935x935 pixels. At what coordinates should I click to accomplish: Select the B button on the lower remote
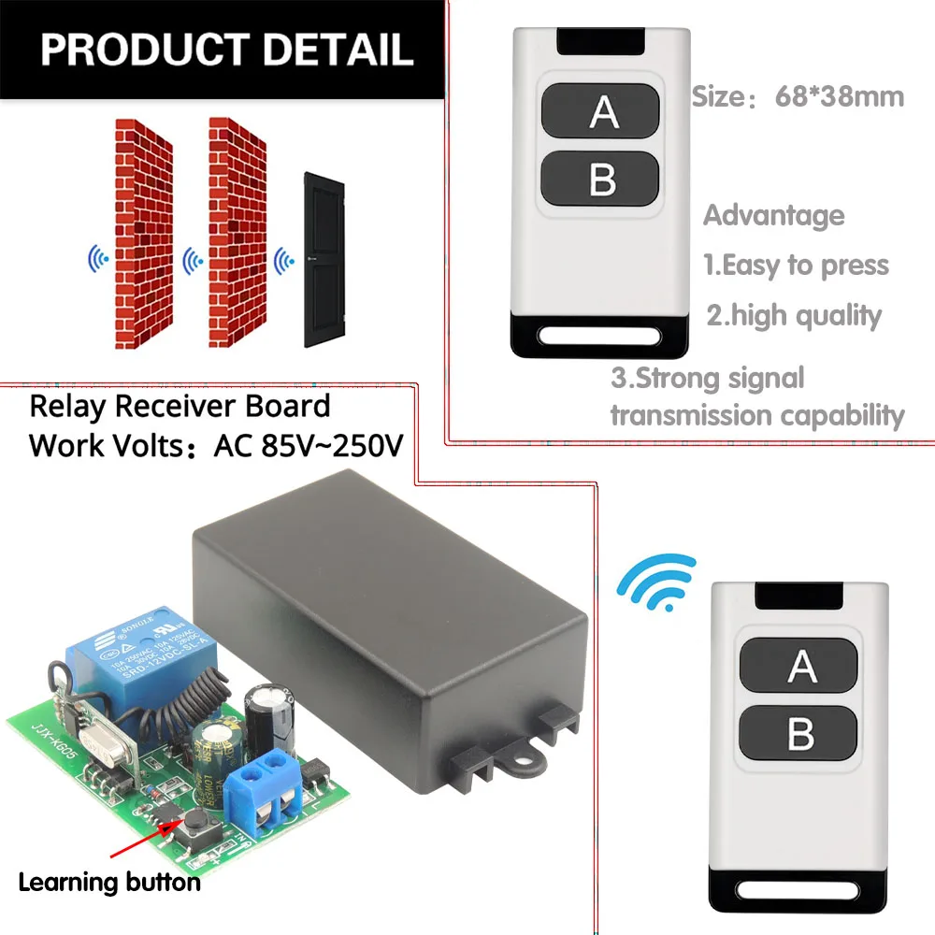[x=799, y=734]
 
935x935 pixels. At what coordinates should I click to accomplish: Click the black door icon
[x=324, y=260]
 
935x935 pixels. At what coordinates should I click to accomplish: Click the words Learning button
[x=108, y=881]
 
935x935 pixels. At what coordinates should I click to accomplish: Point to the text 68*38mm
[x=839, y=96]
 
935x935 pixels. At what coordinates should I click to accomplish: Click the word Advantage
[x=773, y=215]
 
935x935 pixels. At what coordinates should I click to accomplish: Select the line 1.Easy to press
[x=795, y=266]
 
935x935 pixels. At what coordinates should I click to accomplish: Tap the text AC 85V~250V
[x=309, y=445]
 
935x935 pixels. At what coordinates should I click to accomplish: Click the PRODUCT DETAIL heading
[x=226, y=49]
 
